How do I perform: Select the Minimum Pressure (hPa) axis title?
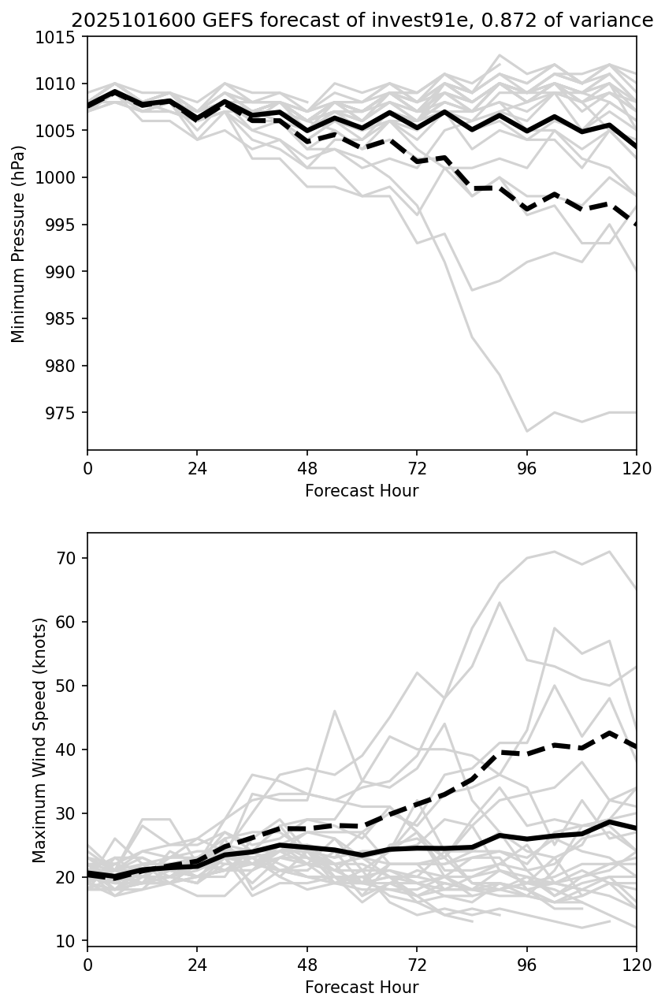pos(19,244)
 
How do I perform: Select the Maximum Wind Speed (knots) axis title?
pos(39,740)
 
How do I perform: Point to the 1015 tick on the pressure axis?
pos(63,37)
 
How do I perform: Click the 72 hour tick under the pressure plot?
pos(417,468)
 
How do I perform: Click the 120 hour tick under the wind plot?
pos(637,965)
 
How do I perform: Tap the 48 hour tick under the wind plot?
pos(307,965)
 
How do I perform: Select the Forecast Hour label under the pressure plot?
pos(362,491)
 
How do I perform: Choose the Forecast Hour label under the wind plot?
pos(362,988)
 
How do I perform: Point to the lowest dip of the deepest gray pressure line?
pos(527,431)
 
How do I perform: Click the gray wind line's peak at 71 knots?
pos(555,552)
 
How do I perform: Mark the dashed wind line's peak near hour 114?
pos(609,732)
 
